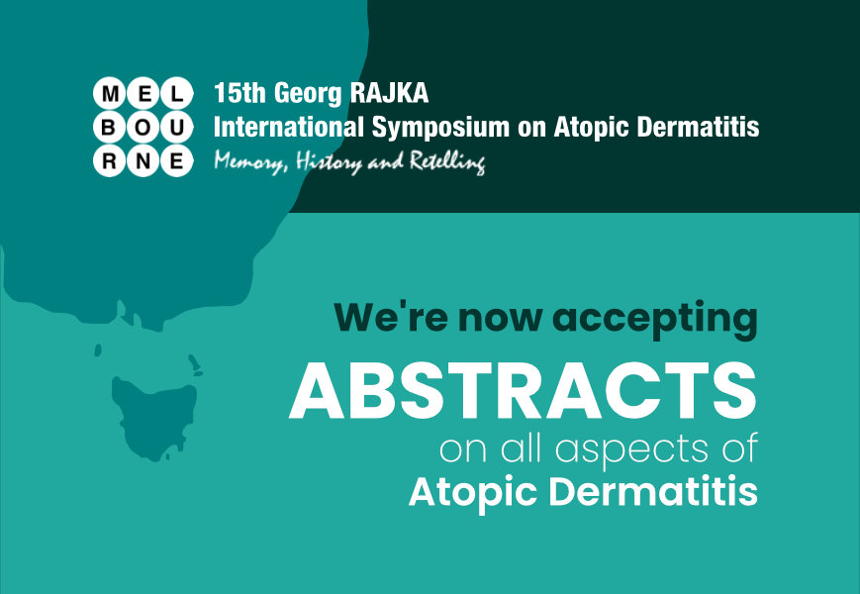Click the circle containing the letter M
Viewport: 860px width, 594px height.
110,93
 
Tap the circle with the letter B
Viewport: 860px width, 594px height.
110,128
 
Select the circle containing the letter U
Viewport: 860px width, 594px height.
176,128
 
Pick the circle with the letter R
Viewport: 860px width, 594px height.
110,160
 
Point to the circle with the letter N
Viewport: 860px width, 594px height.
143,160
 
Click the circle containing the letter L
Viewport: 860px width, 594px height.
176,93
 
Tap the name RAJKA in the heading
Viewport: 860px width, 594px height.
389,93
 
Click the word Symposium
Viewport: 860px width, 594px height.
441,129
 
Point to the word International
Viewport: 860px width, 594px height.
289,127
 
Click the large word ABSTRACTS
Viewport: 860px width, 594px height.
523,390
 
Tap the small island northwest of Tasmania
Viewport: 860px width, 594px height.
98,349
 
